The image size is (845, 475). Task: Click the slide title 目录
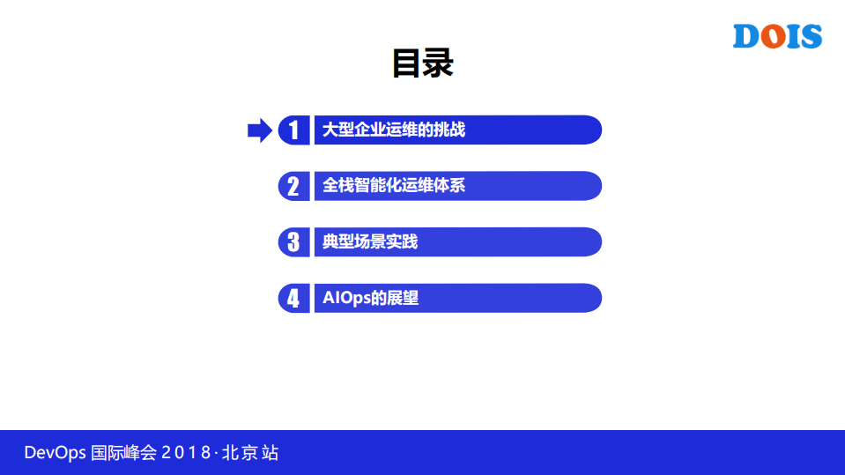422,63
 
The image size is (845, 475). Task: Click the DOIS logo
777,36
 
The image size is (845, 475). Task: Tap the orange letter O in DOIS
773,37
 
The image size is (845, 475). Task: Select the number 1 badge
293,130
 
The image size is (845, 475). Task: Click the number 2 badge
293,186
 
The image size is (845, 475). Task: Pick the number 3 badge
293,241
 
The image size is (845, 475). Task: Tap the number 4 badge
293,298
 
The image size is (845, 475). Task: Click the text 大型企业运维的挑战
393,130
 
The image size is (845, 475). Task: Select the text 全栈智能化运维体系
393,186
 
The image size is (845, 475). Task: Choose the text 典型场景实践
369,241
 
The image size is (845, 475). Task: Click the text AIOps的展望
370,298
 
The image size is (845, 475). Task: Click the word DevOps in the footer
55,453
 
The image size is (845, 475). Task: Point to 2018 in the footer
186,453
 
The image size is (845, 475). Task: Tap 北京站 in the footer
250,453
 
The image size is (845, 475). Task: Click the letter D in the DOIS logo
747,37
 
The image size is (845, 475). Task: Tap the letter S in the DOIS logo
811,37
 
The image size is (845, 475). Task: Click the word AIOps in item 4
346,298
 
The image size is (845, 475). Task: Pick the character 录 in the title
439,63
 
